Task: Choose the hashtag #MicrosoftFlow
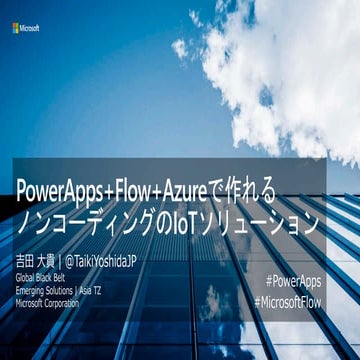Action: coord(288,300)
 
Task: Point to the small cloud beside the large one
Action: coord(180,48)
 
